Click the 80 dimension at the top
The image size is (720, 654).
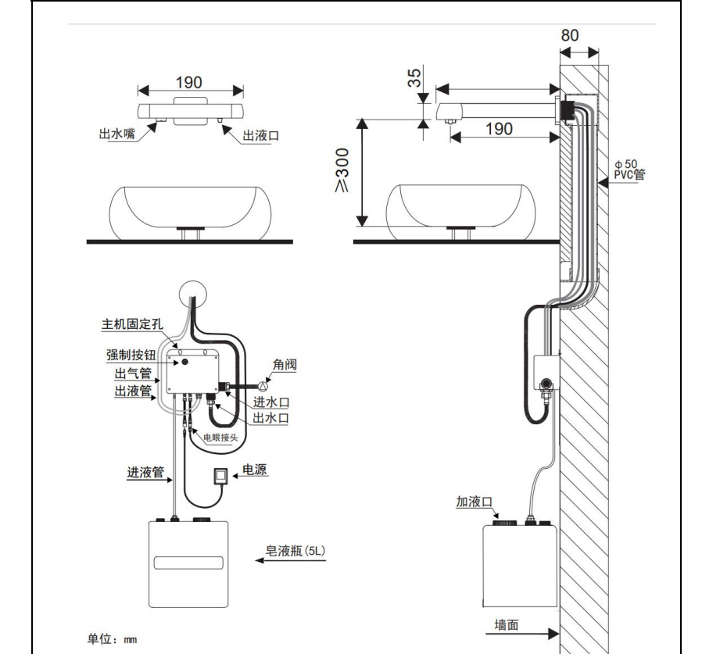pyautogui.click(x=579, y=36)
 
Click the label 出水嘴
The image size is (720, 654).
pyautogui.click(x=116, y=134)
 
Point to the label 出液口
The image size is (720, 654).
pyautogui.click(x=261, y=135)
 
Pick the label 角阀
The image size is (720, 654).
pyautogui.click(x=285, y=363)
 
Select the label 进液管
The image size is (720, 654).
pyautogui.click(x=145, y=472)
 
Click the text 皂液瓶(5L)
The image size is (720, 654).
pyautogui.click(x=301, y=552)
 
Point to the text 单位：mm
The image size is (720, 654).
pyautogui.click(x=112, y=639)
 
